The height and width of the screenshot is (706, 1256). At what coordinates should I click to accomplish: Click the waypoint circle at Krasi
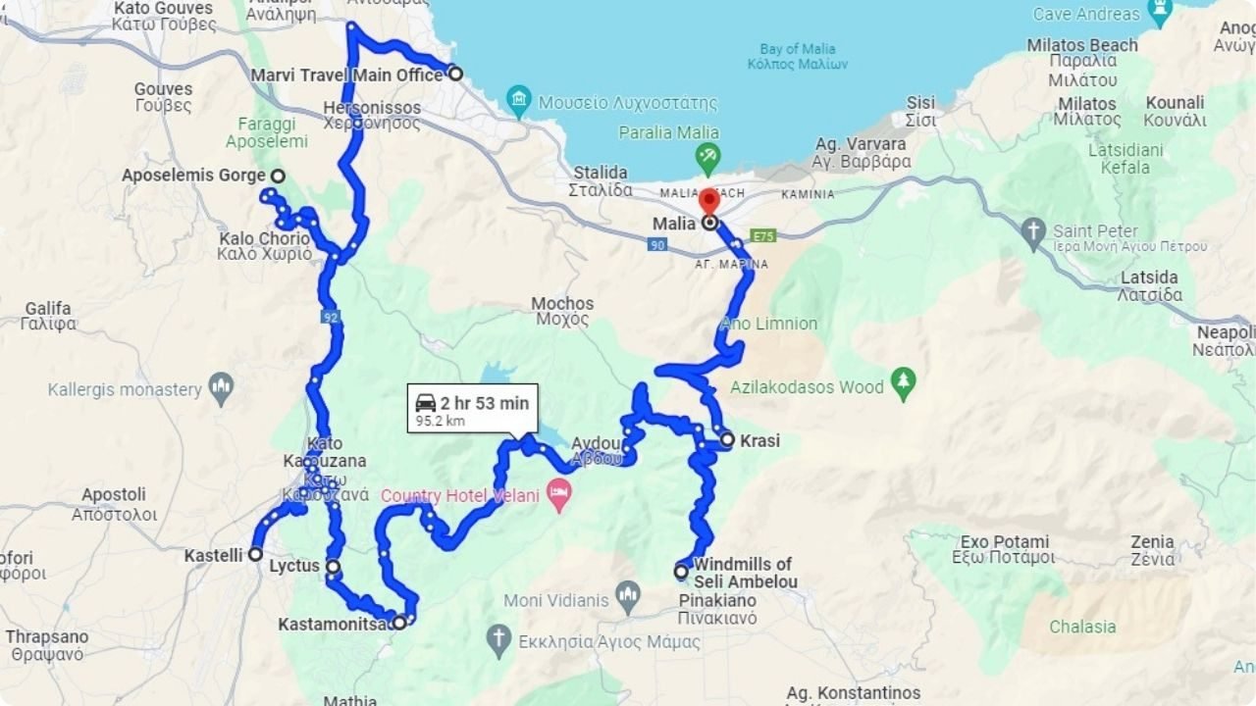click(727, 440)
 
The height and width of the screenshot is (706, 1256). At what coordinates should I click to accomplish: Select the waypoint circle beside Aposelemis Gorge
click(278, 176)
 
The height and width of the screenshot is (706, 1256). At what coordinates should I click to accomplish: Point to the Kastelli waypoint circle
click(255, 555)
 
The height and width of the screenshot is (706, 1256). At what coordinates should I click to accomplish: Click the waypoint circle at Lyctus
click(334, 567)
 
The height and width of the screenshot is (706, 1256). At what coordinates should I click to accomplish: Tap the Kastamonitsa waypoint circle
click(399, 623)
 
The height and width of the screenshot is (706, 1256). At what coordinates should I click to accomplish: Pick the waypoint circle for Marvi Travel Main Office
click(455, 73)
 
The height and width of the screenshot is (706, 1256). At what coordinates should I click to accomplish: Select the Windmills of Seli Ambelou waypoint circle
click(681, 571)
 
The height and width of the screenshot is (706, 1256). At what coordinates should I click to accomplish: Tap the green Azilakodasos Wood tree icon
click(903, 383)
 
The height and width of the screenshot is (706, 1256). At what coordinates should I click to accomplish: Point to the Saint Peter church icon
click(1032, 233)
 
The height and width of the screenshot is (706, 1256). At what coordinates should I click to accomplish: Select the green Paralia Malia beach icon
click(706, 156)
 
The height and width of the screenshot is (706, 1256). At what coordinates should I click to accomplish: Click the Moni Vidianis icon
click(628, 597)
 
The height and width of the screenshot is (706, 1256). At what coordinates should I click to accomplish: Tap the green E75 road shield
click(763, 236)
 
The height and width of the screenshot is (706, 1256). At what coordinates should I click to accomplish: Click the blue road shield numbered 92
click(330, 317)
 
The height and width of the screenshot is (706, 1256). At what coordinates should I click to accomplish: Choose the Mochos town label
click(562, 311)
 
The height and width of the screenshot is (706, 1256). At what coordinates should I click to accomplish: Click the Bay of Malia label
click(798, 56)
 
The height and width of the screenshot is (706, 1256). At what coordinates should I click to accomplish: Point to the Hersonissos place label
click(372, 116)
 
